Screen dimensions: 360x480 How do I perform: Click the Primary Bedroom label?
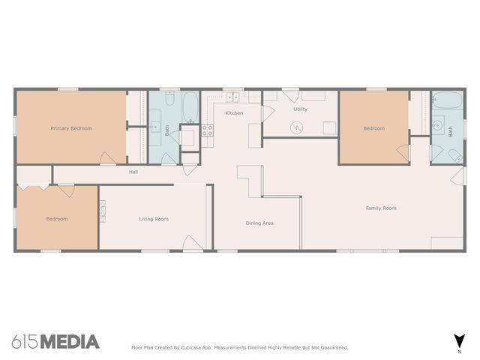click(71, 128)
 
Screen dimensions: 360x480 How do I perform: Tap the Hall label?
click(133, 172)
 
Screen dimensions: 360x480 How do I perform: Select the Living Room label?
click(153, 219)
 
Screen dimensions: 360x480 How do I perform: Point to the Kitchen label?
click(234, 112)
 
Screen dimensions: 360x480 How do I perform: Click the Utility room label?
click(300, 109)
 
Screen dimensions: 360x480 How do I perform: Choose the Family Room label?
click(381, 208)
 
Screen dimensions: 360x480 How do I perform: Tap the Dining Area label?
click(259, 223)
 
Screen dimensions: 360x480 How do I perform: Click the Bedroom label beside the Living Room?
click(57, 219)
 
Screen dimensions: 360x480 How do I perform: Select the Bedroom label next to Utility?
click(373, 128)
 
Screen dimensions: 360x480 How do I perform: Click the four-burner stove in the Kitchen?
click(207, 135)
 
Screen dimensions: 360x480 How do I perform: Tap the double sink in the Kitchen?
click(233, 97)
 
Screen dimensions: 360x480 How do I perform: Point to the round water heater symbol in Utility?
click(298, 127)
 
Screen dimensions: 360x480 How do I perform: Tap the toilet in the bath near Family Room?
click(454, 154)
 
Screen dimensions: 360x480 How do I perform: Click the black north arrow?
click(457, 339)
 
